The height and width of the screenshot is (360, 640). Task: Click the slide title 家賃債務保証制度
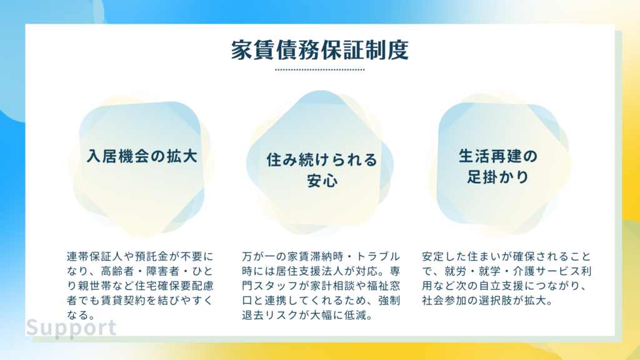pyautogui.click(x=320, y=50)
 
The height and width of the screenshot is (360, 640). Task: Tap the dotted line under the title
pyautogui.click(x=320, y=70)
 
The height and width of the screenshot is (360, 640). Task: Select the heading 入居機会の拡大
pyautogui.click(x=142, y=156)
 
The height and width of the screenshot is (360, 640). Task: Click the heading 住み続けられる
pyautogui.click(x=322, y=160)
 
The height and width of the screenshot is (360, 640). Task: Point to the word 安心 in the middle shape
pyautogui.click(x=322, y=181)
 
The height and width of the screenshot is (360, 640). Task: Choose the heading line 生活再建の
pyautogui.click(x=498, y=156)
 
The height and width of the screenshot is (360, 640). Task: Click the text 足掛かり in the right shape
pyautogui.click(x=498, y=177)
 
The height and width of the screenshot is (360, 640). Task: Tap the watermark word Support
pyautogui.click(x=71, y=327)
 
